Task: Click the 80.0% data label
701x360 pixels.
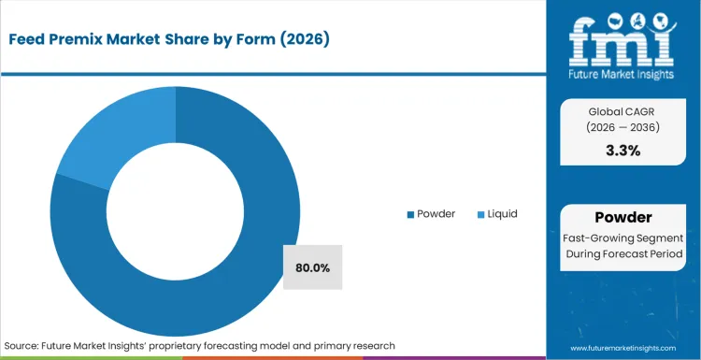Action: coord(312,267)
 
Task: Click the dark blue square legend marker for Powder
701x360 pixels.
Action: coord(409,215)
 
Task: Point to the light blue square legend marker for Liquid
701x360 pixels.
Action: coord(480,215)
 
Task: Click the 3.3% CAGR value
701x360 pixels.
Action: coord(622,151)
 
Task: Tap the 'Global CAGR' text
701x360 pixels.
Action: coord(622,109)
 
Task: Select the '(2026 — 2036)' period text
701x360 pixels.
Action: coord(622,127)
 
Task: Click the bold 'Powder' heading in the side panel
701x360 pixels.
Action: coord(622,217)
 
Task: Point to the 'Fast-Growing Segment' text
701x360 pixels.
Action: coord(622,238)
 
